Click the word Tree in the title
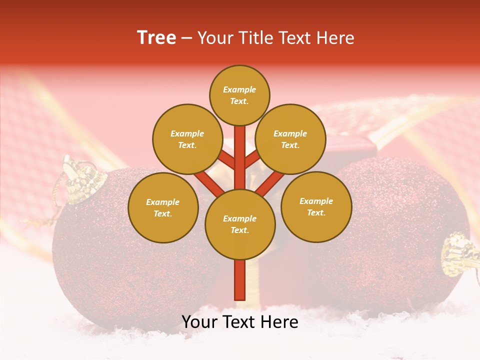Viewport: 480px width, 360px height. [x=156, y=38]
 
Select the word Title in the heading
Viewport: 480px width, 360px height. [x=254, y=38]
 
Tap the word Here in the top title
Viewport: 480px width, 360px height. [x=336, y=38]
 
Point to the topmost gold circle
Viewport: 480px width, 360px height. [x=239, y=95]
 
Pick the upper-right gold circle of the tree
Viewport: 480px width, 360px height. [x=290, y=139]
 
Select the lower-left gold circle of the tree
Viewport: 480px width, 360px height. [x=163, y=207]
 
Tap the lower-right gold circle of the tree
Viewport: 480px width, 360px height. [x=316, y=206]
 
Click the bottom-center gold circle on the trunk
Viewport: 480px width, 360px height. [x=240, y=224]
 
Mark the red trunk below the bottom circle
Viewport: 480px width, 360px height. [x=240, y=280]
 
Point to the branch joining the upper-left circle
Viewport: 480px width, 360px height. [x=227, y=161]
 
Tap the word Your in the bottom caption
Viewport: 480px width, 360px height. [x=199, y=322]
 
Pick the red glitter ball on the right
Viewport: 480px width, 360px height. [x=395, y=235]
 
